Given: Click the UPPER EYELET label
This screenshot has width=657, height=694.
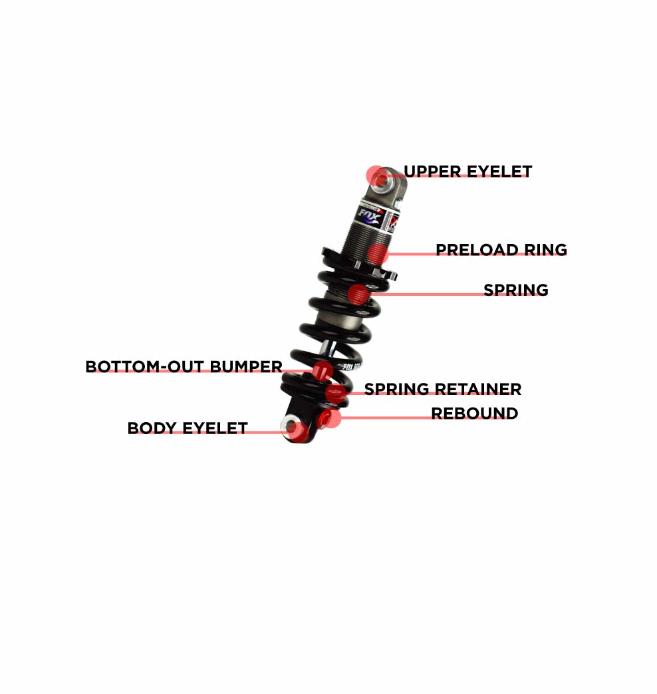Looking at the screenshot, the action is tap(467, 172).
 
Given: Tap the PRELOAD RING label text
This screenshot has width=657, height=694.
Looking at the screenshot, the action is tap(501, 250).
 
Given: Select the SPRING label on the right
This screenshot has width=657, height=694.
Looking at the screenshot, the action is tap(516, 290).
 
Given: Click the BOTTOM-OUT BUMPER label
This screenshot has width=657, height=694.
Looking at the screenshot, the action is tap(184, 366).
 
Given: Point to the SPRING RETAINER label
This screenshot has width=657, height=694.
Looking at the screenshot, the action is tap(443, 389).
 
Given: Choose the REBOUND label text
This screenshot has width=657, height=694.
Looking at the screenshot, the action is tap(475, 413).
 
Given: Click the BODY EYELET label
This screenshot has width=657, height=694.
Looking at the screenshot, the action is tap(188, 428).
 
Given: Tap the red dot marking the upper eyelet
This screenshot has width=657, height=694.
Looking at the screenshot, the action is tap(377, 176).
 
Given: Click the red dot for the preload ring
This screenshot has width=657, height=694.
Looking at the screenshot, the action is tap(378, 254).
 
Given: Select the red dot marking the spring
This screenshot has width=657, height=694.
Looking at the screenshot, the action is tap(358, 294).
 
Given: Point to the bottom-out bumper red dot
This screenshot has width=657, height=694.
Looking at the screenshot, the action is tap(323, 371).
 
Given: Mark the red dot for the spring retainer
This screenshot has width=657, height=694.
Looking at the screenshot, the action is tap(336, 393).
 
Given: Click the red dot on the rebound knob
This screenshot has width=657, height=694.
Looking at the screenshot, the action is tap(330, 418).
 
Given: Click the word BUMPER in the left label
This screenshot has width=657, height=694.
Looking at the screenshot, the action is tap(246, 366).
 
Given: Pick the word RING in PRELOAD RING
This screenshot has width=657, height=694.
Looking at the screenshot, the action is tap(545, 250).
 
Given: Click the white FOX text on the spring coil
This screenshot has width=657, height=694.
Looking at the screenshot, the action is tap(352, 367).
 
